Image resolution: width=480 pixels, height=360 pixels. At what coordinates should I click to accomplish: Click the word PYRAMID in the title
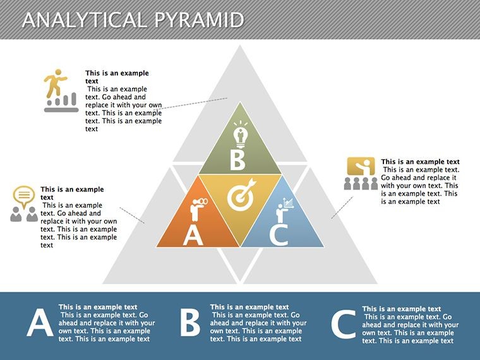click(199, 20)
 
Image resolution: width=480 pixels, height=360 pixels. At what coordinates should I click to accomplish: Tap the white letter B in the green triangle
click(237, 160)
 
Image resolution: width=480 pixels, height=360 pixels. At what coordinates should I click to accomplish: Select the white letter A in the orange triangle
click(193, 236)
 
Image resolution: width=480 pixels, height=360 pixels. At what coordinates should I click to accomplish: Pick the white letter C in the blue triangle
click(279, 235)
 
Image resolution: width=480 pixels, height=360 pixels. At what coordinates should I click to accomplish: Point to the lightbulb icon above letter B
click(240, 135)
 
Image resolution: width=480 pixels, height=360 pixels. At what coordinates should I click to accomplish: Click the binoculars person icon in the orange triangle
click(198, 209)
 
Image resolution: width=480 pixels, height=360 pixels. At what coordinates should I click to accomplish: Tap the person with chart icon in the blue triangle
click(285, 210)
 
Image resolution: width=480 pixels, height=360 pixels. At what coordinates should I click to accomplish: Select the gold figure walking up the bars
click(56, 83)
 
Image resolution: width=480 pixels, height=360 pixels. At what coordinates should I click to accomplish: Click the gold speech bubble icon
click(24, 196)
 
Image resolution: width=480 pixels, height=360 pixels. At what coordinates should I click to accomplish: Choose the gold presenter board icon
click(361, 167)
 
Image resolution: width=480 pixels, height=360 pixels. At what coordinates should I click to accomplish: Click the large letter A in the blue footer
click(40, 323)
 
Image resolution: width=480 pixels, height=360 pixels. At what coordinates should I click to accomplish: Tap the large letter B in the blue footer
click(190, 322)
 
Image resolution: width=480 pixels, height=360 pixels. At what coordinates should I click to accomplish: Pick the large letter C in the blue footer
click(344, 325)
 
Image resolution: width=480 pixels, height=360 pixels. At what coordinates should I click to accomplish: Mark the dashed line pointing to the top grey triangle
click(190, 104)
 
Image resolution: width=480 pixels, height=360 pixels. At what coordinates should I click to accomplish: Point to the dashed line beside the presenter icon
click(342, 208)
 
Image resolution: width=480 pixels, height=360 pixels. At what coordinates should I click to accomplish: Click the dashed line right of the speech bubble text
click(132, 215)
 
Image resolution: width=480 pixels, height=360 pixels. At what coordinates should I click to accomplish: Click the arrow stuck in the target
click(247, 187)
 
